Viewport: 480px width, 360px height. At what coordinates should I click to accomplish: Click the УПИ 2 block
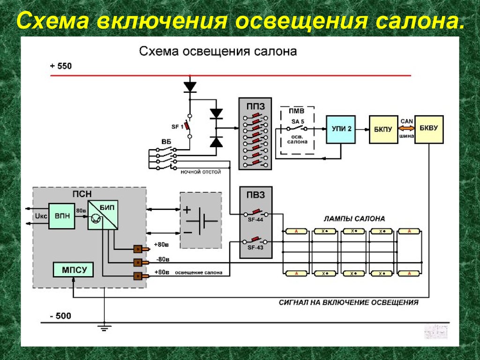click(341, 129)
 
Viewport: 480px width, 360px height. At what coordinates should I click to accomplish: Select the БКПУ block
click(383, 129)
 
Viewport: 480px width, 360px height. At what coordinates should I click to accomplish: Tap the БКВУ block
click(429, 129)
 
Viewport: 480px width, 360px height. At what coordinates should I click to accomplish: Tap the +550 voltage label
click(61, 67)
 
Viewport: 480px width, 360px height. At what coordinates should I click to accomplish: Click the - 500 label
click(61, 316)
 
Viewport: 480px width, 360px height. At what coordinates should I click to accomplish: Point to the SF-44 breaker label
click(255, 219)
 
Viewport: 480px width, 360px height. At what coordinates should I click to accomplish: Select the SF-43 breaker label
click(255, 247)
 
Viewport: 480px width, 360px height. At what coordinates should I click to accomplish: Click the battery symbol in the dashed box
click(201, 220)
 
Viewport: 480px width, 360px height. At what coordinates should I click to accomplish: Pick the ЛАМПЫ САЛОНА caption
click(354, 218)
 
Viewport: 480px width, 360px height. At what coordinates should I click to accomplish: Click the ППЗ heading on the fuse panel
click(255, 106)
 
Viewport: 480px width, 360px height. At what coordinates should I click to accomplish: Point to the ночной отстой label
click(201, 172)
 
